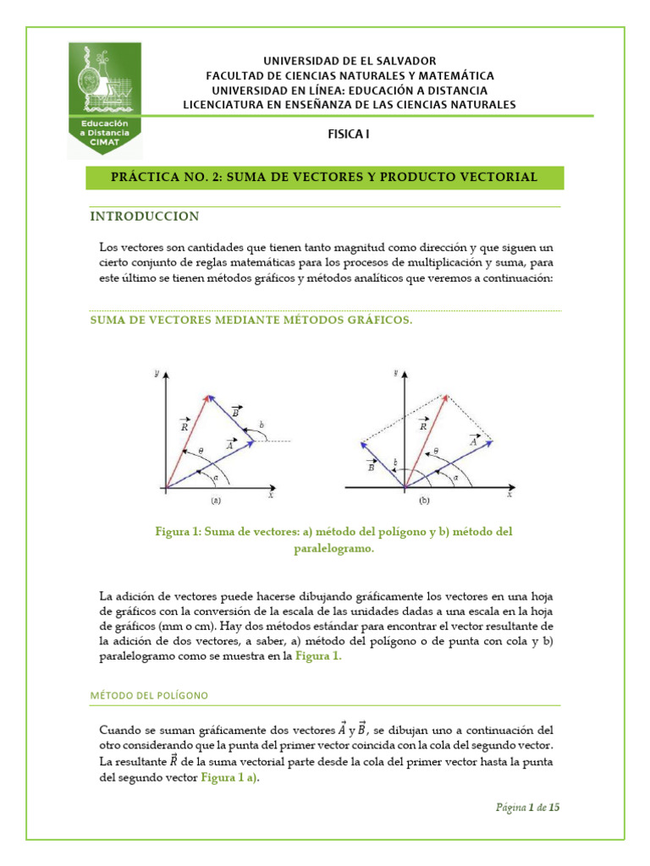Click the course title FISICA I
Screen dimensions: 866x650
pos(349,134)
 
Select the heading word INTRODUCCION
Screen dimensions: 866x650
pos(145,216)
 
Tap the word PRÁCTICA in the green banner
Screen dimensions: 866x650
pos(146,177)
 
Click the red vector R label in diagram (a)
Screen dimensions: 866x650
pos(185,426)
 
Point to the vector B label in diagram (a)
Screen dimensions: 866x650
pos(236,412)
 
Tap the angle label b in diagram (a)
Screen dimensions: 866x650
pos(262,424)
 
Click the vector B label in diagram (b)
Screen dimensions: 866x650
pos(371,465)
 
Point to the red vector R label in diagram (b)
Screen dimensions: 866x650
pos(423,426)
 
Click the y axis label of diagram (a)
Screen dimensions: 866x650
pos(157,373)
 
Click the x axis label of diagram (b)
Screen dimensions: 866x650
pos(509,496)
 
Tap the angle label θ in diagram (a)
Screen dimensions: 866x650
pos(200,450)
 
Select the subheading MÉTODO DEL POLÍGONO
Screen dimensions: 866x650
pos(149,695)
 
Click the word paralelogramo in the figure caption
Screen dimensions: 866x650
pos(325,548)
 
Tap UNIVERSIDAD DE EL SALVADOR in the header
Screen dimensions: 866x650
pos(349,61)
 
